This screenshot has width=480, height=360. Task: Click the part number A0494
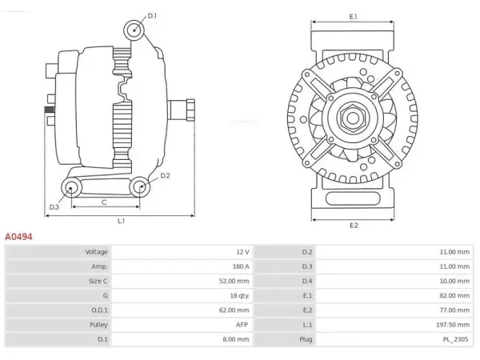click(x=18, y=237)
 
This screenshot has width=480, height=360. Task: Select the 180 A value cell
click(x=241, y=266)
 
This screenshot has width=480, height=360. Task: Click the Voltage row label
click(x=97, y=252)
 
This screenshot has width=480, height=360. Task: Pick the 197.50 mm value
click(x=453, y=325)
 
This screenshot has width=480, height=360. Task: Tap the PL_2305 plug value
click(x=455, y=339)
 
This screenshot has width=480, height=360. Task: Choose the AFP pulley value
click(x=242, y=325)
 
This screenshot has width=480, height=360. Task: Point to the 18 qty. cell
click(x=240, y=295)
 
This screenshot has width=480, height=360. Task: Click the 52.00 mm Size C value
click(x=234, y=281)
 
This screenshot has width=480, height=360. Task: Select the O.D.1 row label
click(x=99, y=310)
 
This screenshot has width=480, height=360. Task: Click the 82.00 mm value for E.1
click(x=454, y=295)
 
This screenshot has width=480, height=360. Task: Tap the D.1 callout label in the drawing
click(x=152, y=16)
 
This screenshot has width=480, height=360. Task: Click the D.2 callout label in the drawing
click(x=165, y=175)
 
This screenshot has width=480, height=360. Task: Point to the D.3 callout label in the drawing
click(x=54, y=207)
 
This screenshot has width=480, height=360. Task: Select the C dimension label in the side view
click(x=104, y=202)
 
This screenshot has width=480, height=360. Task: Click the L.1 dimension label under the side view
click(x=122, y=221)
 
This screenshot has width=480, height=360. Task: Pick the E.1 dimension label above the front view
click(x=354, y=17)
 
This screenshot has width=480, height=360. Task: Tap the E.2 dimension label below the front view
click(x=354, y=226)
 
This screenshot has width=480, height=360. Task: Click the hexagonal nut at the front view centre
click(x=353, y=117)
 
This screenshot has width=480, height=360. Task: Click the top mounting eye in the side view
click(x=134, y=30)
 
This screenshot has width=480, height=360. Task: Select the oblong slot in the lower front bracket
click(x=353, y=198)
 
